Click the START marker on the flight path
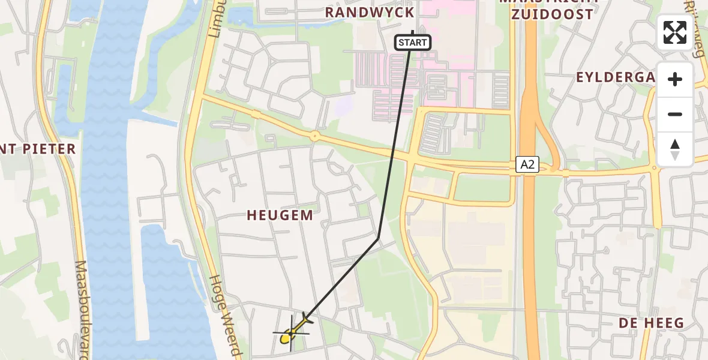pos(413,43)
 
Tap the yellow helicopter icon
pos(293,331)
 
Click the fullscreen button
pos(675,32)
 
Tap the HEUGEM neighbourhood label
pos(280,215)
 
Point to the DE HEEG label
pos(652,323)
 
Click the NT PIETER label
pos(38,149)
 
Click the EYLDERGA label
pos(615,77)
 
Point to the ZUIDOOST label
pos(552,14)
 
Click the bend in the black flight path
pos(379,239)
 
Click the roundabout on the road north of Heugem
pos(314,136)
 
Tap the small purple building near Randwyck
pos(344,107)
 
